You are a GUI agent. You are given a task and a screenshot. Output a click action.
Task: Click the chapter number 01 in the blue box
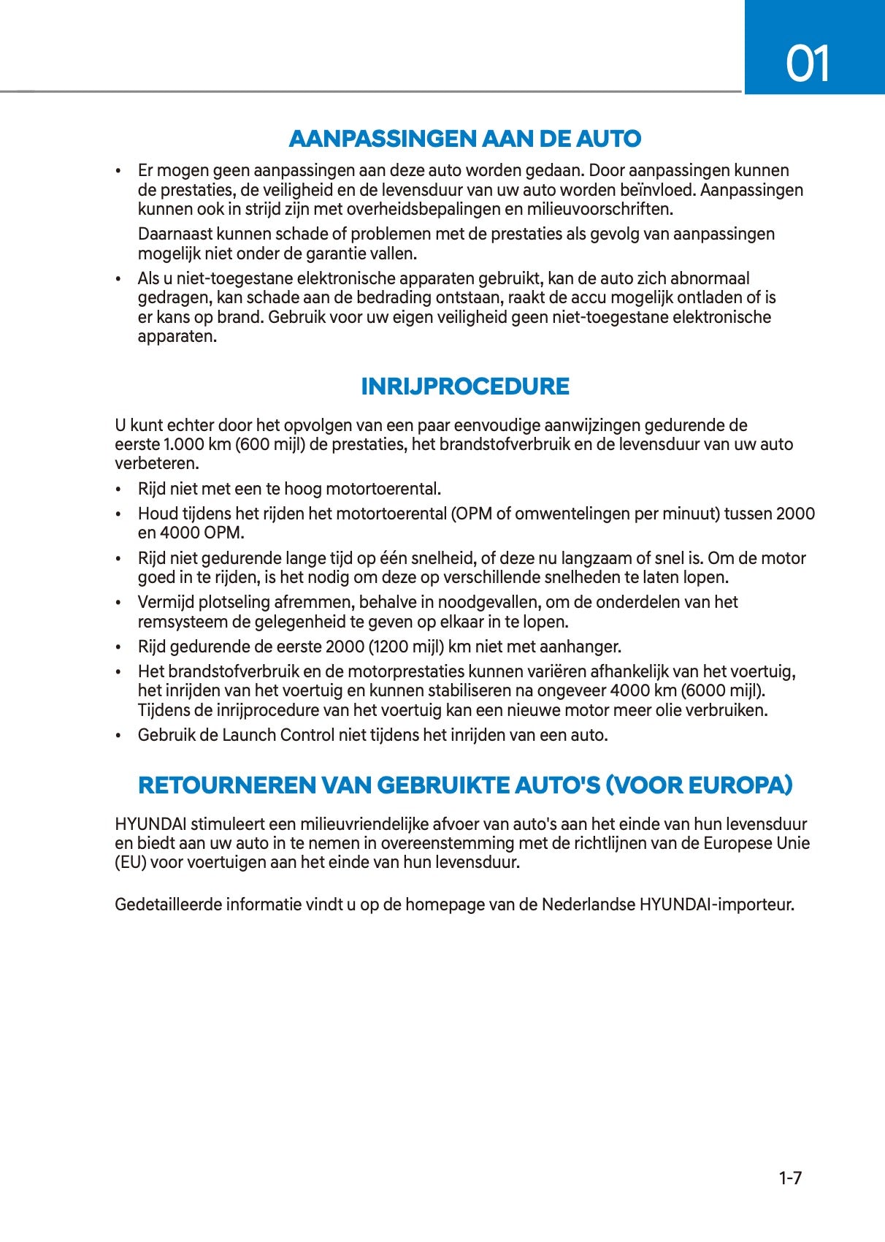point(808,64)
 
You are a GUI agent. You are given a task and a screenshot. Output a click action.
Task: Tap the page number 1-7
point(790,1178)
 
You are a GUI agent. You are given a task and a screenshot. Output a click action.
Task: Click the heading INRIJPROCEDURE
point(465,386)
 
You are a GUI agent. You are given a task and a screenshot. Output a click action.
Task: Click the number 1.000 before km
point(179,444)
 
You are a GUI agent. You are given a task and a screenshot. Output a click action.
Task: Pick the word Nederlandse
point(588,904)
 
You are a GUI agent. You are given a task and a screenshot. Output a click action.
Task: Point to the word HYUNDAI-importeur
point(716,904)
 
